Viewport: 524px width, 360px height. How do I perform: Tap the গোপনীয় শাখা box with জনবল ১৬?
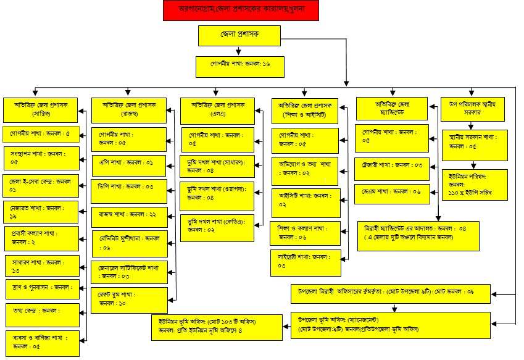[239, 65]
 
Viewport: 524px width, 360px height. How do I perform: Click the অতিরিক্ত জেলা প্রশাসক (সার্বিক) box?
[41, 110]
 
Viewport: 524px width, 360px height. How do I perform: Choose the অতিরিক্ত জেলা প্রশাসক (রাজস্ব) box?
[128, 110]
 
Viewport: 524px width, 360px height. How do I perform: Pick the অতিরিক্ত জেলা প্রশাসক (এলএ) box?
[220, 110]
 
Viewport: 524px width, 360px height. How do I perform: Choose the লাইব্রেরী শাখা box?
[306, 262]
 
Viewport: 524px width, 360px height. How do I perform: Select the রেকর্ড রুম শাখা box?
[128, 299]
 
